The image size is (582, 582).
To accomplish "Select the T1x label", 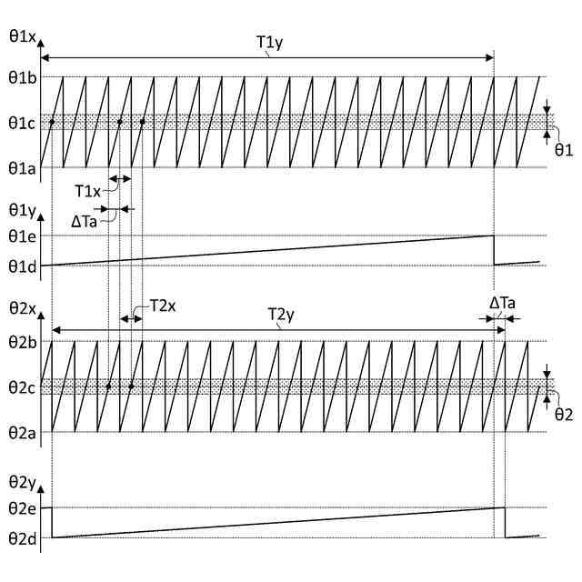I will tap(88, 190).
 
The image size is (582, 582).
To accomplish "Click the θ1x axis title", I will tap(21, 36).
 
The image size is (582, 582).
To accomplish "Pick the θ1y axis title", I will tap(21, 211).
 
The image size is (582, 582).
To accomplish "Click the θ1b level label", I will tap(21, 77).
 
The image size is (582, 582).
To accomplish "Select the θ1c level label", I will tap(21, 122).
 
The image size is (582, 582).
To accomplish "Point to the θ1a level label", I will tap(21, 167).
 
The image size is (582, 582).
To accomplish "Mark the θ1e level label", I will tap(21, 236).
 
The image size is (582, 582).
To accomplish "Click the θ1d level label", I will tap(21, 266).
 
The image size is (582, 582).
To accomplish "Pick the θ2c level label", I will tap(21, 387).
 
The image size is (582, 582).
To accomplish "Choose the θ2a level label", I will tap(21, 432).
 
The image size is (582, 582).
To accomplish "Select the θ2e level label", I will tap(21, 507).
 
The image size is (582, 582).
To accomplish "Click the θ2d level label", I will tap(21, 537).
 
